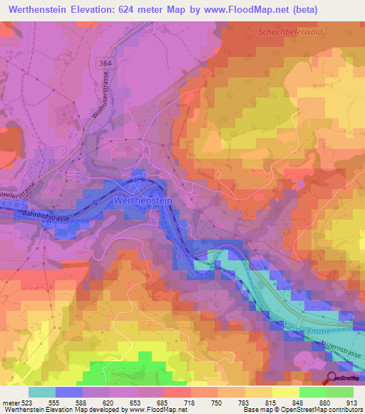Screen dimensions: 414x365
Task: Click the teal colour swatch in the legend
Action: [42, 391]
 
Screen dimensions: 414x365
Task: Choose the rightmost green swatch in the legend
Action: [339, 391]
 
